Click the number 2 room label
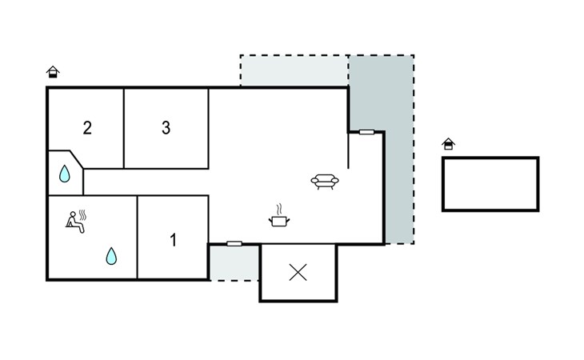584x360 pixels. point(87,128)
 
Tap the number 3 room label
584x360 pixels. point(166,128)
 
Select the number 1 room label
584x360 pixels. point(173,239)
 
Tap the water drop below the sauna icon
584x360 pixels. point(111,256)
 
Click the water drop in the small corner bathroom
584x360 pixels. point(64,173)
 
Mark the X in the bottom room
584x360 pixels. point(298,273)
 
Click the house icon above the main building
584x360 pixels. point(54,72)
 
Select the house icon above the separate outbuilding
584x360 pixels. point(449,144)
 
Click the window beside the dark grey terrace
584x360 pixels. point(366,132)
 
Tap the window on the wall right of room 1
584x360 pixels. point(234,243)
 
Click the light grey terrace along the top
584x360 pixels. point(293,70)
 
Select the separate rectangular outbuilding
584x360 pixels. point(490,184)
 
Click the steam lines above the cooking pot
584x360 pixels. point(278,209)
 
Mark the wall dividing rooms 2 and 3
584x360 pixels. point(124,128)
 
